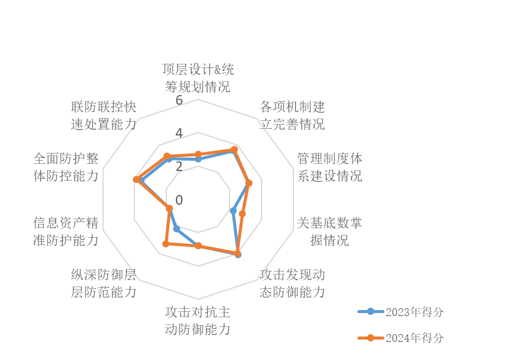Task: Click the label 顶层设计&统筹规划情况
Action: (x=198, y=78)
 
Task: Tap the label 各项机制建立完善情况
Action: (x=292, y=116)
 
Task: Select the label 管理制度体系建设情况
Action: (x=330, y=167)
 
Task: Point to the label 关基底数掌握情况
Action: (x=330, y=231)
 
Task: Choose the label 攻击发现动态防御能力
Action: (x=292, y=284)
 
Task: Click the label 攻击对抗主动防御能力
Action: (x=198, y=321)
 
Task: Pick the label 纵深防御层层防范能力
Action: (x=103, y=284)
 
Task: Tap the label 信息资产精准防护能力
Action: (x=66, y=231)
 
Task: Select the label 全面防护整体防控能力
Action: (x=66, y=167)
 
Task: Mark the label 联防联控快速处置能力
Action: (x=103, y=116)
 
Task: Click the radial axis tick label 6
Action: (x=179, y=100)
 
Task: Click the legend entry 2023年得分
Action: (x=401, y=312)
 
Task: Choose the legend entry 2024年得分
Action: (x=401, y=338)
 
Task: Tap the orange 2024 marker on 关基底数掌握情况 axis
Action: (x=242, y=214)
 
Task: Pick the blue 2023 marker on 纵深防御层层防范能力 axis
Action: (x=175, y=229)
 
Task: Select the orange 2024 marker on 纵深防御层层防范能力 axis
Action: (x=166, y=244)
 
